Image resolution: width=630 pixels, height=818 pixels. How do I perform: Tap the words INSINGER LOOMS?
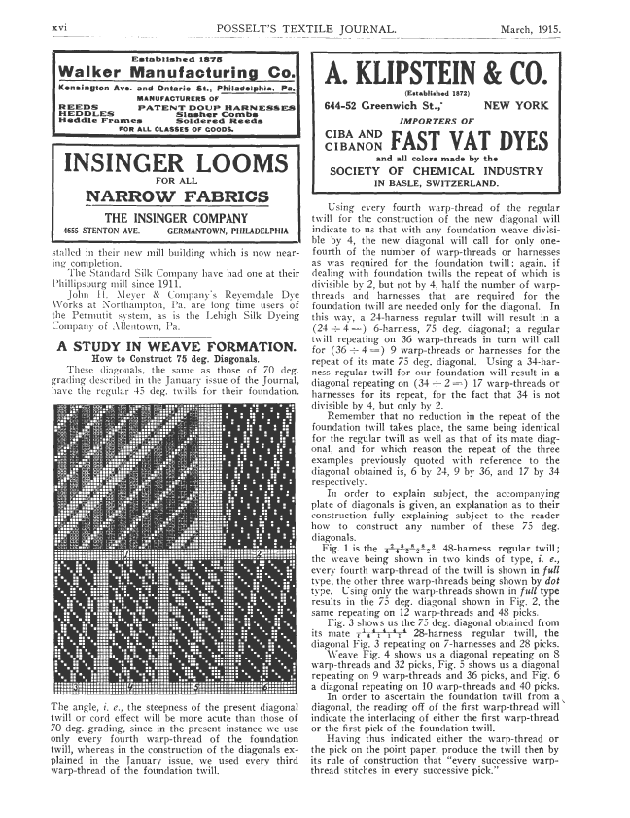176,162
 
